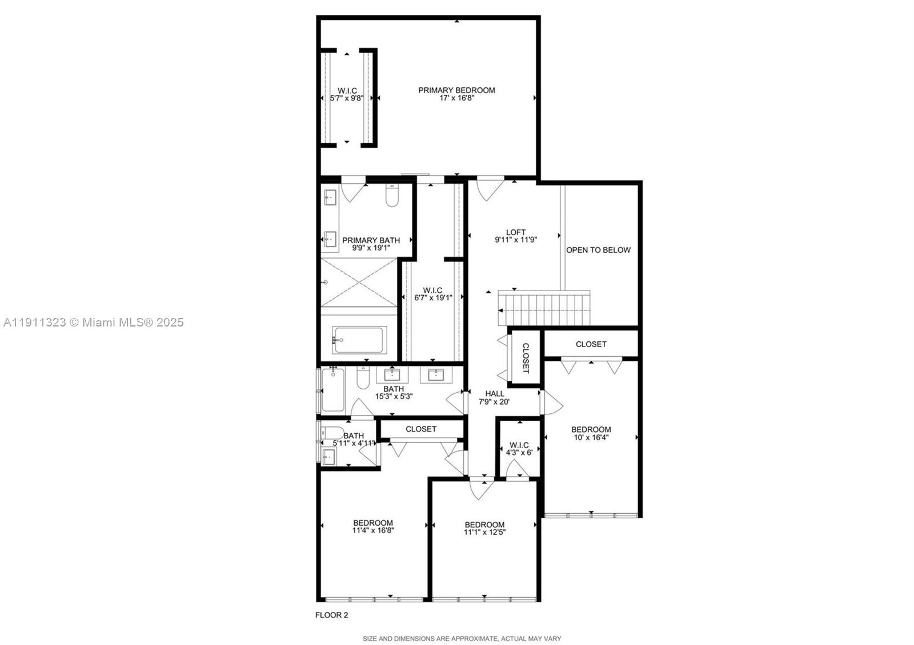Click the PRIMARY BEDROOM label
(456, 90)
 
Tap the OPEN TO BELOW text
(598, 250)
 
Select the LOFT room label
(515, 232)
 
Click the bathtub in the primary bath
(359, 340)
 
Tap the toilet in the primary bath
(392, 196)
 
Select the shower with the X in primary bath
(359, 282)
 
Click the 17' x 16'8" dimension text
(456, 98)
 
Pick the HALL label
(495, 393)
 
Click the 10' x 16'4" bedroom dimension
(591, 438)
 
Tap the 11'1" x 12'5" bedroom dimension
(484, 533)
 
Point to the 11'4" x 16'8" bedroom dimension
(373, 530)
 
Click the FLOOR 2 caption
(331, 615)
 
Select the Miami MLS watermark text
(94, 322)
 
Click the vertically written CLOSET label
(526, 358)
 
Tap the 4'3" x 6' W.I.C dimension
(519, 452)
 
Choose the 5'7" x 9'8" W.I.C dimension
(347, 98)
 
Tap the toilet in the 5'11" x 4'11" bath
(331, 432)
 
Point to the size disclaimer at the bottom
(462, 639)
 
